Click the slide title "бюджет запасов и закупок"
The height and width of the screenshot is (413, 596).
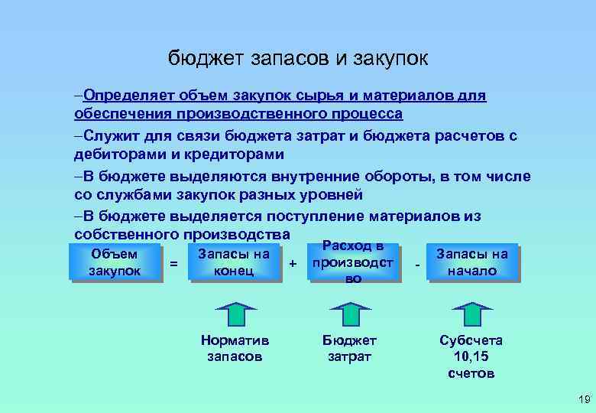pos(298,59)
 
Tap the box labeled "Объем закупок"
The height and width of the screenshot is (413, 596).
pos(115,262)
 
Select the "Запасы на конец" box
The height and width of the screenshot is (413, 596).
pos(234,262)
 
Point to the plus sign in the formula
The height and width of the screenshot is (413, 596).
pos(293,264)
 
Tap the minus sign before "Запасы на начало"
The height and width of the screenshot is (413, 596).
pos(417,264)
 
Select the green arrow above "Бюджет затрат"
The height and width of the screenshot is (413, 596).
pos(352,314)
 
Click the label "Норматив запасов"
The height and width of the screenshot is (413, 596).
pos(234,348)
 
